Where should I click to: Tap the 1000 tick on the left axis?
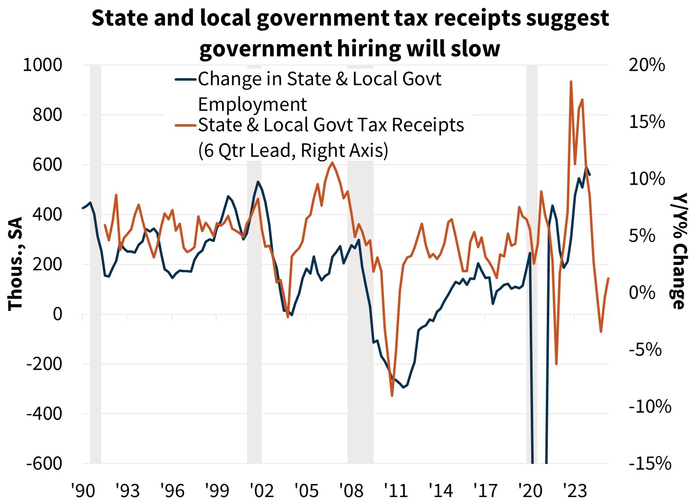pyautogui.click(x=43, y=65)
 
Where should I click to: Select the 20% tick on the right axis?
pyautogui.click(x=647, y=65)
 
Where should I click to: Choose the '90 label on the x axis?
pyautogui.click(x=82, y=490)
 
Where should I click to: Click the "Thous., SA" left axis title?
pyautogui.click(x=16, y=263)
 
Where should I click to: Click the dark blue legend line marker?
pyautogui.click(x=186, y=79)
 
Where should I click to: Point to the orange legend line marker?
pyautogui.click(x=186, y=125)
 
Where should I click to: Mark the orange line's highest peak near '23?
pyautogui.click(x=571, y=82)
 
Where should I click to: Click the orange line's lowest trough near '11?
pyautogui.click(x=392, y=395)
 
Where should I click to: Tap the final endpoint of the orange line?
pyautogui.click(x=608, y=278)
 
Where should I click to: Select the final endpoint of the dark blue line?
pyautogui.click(x=590, y=175)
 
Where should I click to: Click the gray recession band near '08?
pyautogui.click(x=360, y=313)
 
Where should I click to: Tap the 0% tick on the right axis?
pyautogui.click(x=642, y=292)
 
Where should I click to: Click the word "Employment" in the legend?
pyautogui.click(x=252, y=105)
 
